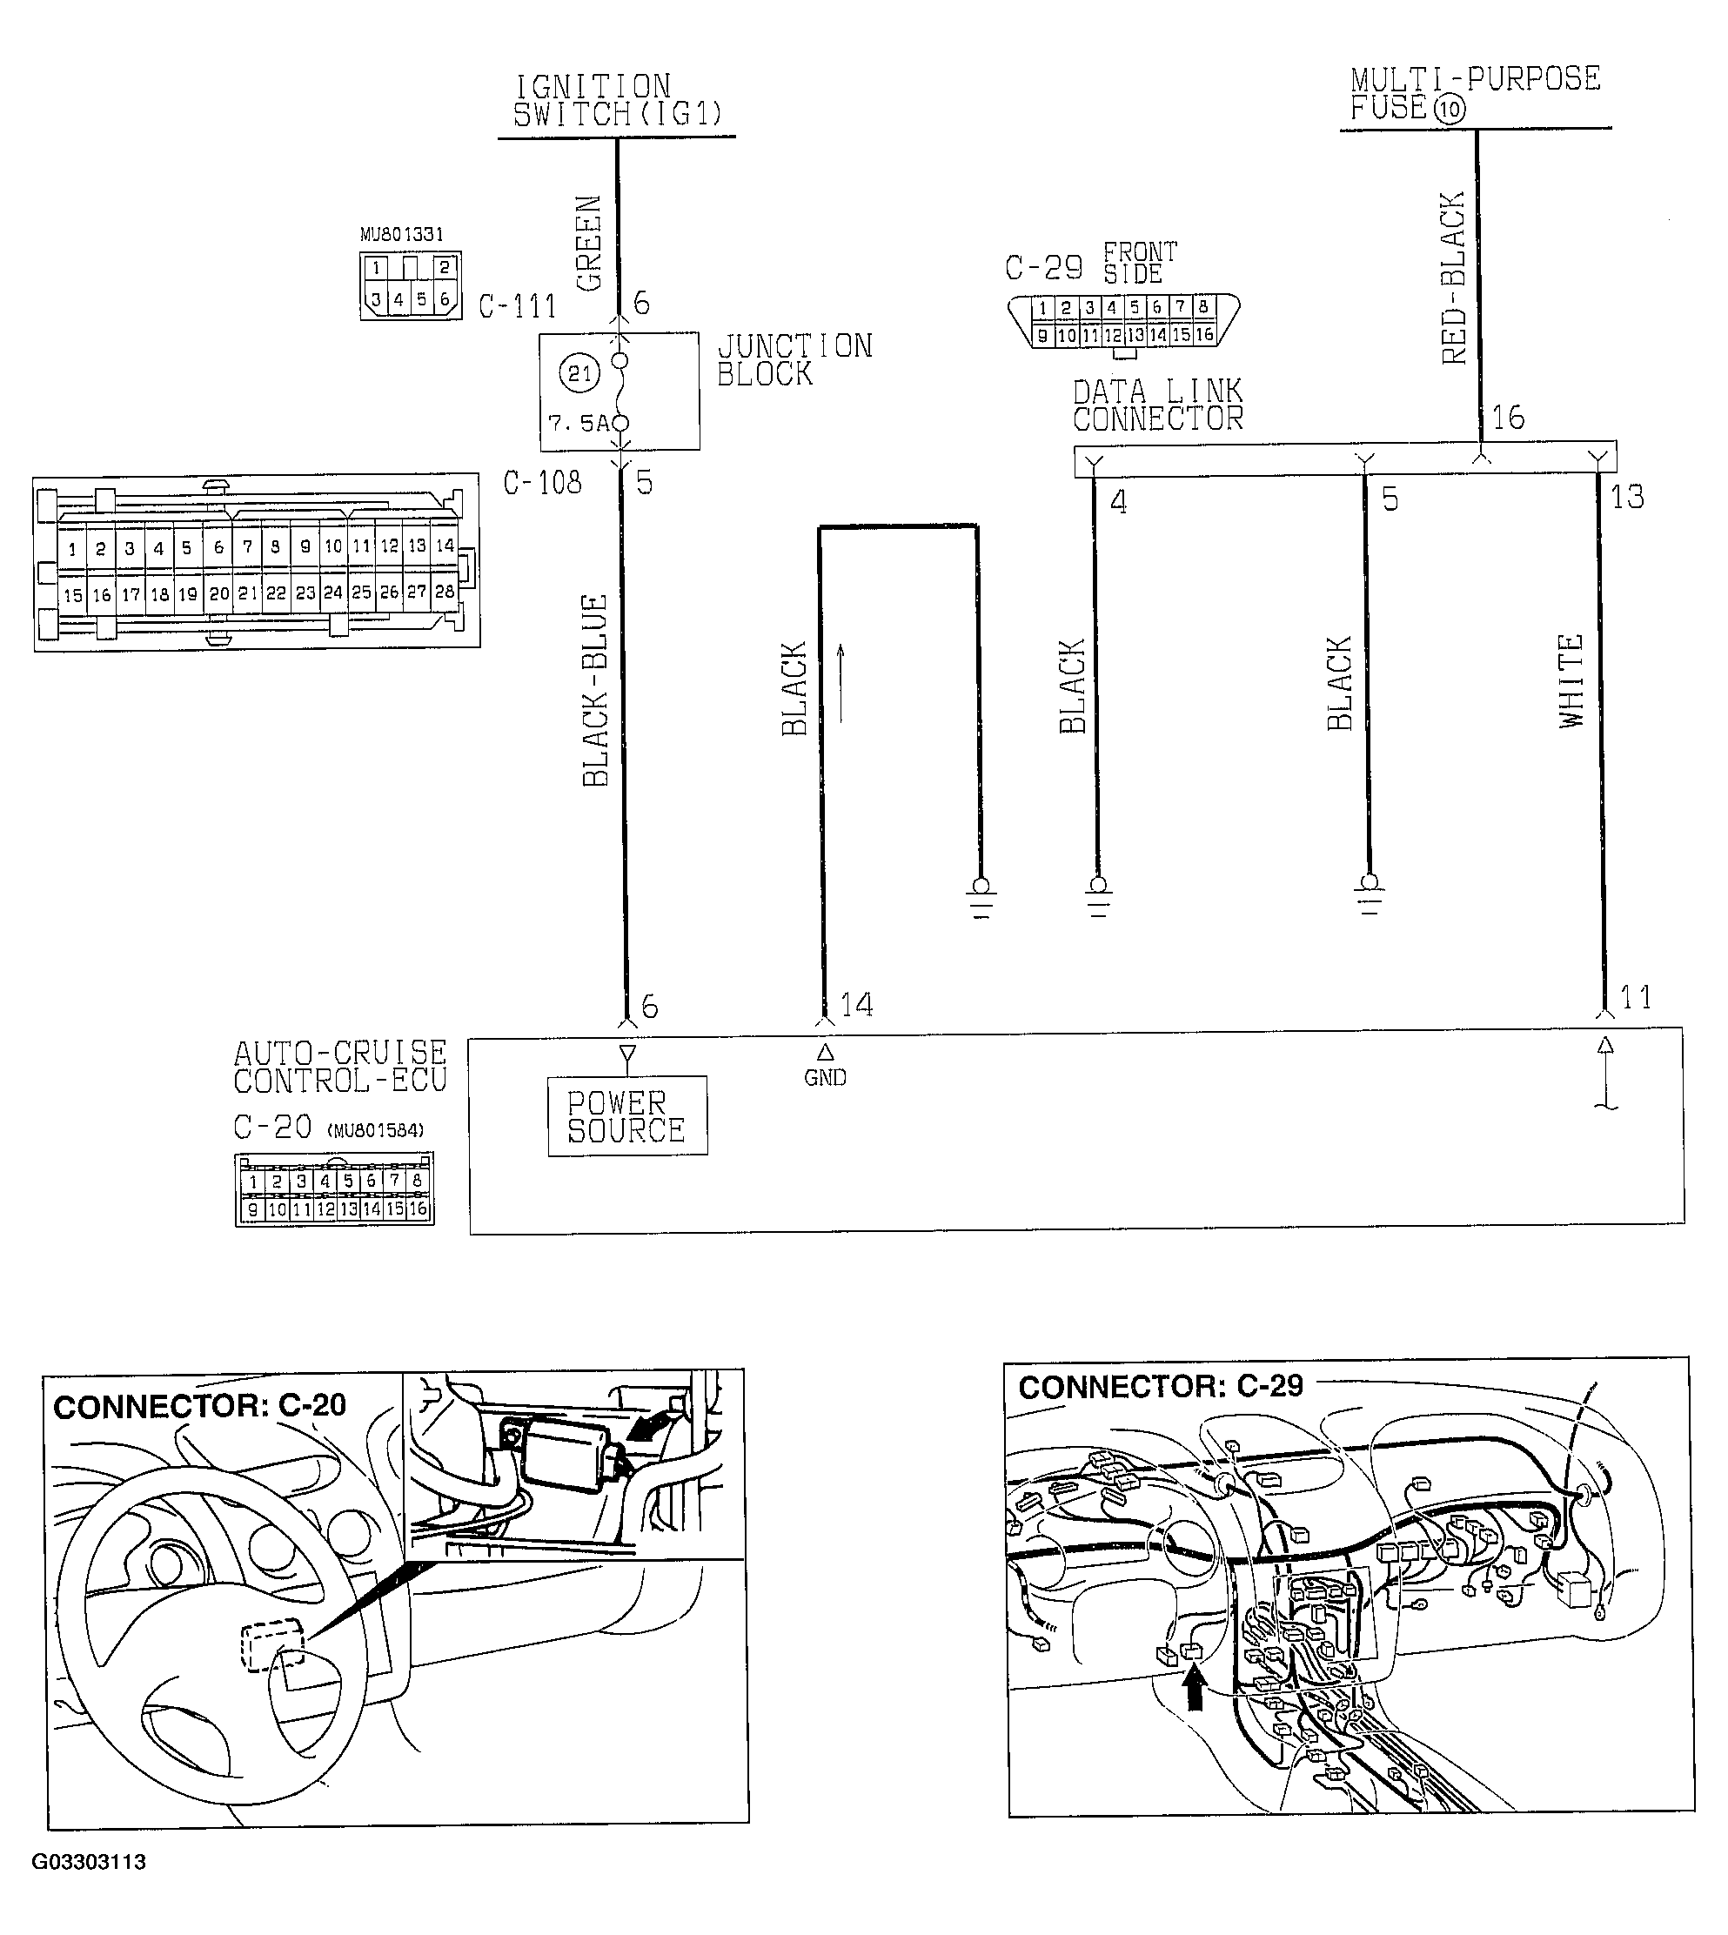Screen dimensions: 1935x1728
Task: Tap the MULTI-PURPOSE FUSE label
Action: (x=1474, y=93)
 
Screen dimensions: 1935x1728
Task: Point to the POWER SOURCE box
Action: (x=626, y=1115)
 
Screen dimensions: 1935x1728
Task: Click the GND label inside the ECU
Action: (x=824, y=1078)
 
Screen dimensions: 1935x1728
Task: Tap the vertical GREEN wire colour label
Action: (x=589, y=243)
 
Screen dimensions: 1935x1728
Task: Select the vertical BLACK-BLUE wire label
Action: (x=594, y=690)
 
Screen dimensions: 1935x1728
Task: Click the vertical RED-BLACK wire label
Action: (x=1453, y=278)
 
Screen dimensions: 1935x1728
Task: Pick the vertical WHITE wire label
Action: (x=1571, y=680)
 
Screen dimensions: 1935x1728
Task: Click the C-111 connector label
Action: (x=517, y=306)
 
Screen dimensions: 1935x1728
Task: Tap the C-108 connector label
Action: (x=541, y=483)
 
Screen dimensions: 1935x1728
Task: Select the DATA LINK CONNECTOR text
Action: (x=1156, y=405)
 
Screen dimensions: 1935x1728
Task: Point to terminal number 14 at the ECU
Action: (x=856, y=1005)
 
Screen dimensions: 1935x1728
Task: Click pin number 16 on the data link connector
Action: (x=1508, y=418)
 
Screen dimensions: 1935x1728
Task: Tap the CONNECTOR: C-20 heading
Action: (x=199, y=1406)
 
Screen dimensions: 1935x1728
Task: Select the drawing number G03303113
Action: (x=90, y=1862)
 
